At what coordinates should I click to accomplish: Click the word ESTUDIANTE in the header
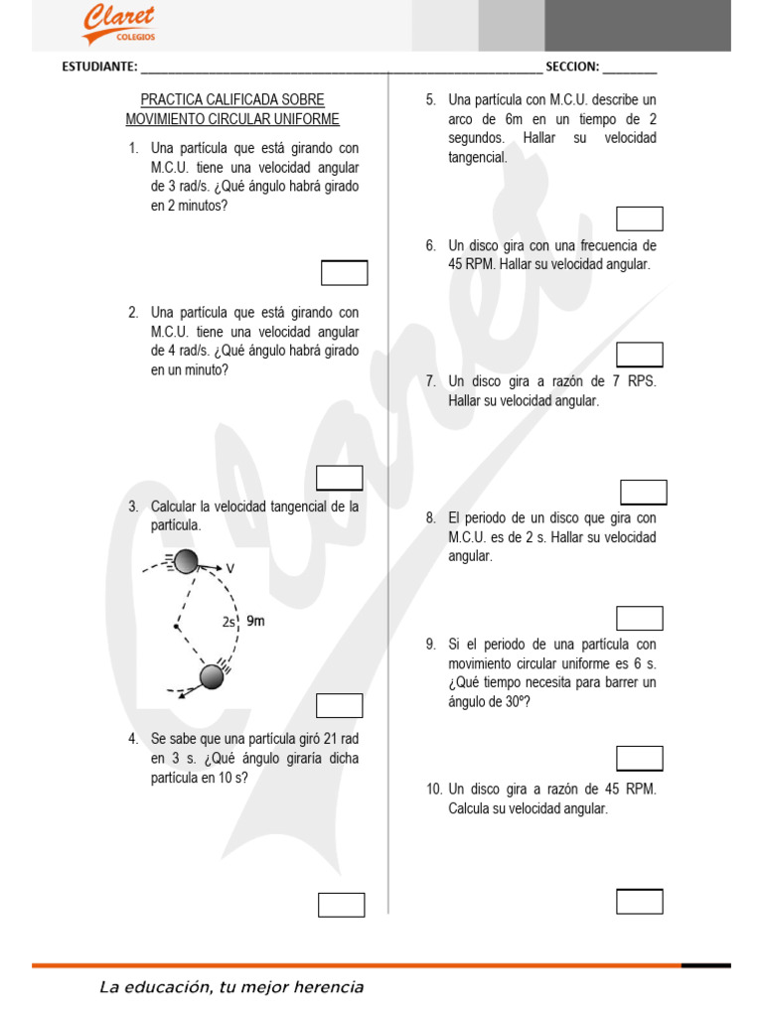click(99, 68)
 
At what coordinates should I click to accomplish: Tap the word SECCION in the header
click(572, 68)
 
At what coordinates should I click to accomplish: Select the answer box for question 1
click(344, 272)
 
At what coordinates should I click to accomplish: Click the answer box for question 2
click(339, 478)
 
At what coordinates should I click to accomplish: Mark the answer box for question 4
click(341, 905)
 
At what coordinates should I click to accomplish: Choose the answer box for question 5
click(639, 218)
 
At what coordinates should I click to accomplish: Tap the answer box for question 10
click(639, 901)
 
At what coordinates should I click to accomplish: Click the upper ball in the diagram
click(186, 562)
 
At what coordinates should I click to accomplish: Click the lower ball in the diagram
click(212, 676)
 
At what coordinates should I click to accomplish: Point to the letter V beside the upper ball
click(229, 569)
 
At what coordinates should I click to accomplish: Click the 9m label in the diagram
click(255, 622)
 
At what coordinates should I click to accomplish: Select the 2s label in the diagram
click(229, 623)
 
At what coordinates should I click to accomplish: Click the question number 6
click(430, 245)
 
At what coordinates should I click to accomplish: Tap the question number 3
click(132, 507)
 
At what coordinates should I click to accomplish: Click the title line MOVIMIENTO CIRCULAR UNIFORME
click(232, 119)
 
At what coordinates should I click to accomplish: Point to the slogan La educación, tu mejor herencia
click(231, 987)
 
